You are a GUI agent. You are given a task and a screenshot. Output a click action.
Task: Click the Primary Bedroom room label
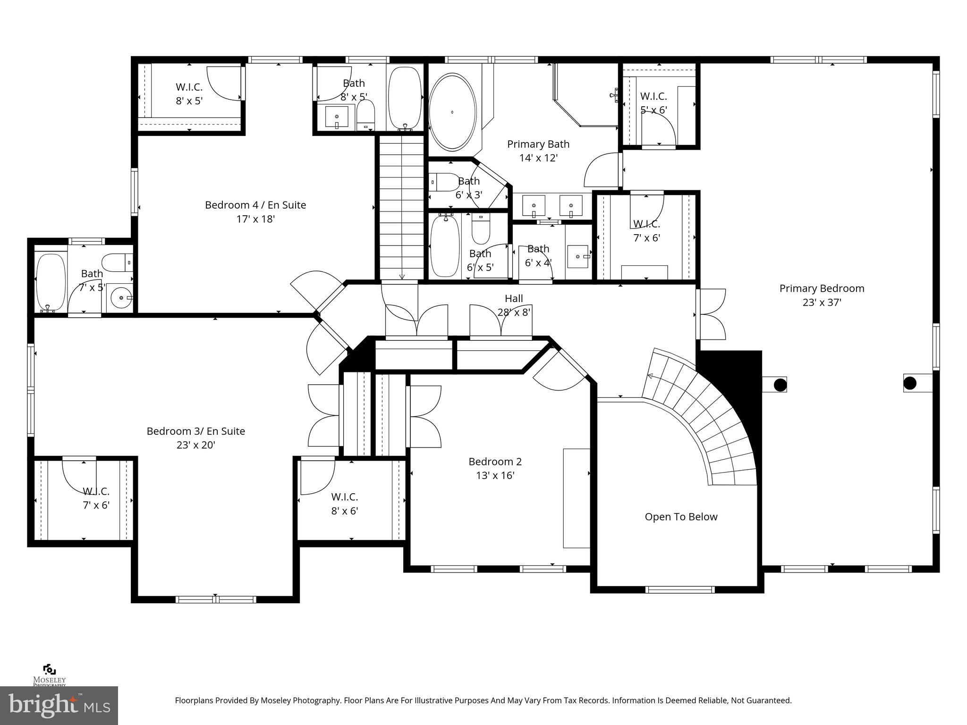pos(822,288)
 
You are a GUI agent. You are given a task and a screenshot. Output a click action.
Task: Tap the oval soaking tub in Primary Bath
pos(452,111)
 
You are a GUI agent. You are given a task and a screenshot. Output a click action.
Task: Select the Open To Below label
pos(681,517)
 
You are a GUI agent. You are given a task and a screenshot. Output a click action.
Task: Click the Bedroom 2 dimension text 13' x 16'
pos(495,475)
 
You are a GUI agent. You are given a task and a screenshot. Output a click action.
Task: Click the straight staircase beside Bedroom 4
pos(401,208)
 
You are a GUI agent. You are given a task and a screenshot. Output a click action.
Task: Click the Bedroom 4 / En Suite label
pos(255,205)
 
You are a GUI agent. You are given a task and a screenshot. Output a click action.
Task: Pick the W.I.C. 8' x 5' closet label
pos(189,94)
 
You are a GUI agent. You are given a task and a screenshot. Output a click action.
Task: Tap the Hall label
pos(514,298)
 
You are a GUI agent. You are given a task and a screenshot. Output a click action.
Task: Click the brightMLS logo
pos(59,705)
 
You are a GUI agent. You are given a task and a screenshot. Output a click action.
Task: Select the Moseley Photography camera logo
pos(49,670)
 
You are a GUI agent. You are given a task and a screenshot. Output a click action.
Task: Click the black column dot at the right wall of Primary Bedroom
pos(910,383)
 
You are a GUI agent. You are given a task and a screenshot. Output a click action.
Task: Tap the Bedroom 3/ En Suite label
pos(195,431)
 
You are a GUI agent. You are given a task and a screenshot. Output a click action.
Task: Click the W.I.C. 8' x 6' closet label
pos(344,504)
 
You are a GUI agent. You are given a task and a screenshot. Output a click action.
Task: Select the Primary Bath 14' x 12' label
pos(538,151)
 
